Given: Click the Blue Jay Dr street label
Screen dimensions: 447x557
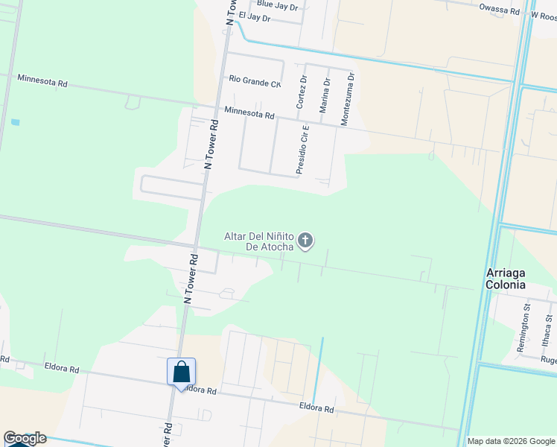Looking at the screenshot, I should [x=277, y=5].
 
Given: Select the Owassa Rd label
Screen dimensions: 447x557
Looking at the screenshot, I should [x=499, y=10].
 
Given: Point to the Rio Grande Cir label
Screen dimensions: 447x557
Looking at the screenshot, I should [x=255, y=79].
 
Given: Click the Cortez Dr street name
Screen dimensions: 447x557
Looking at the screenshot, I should [x=302, y=92].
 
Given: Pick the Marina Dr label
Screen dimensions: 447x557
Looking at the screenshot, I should [x=325, y=95].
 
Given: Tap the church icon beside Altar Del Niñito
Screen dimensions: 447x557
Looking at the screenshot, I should [x=305, y=241].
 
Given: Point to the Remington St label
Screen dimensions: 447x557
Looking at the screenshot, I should [x=526, y=322].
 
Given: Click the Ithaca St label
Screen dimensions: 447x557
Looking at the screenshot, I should [x=548, y=329].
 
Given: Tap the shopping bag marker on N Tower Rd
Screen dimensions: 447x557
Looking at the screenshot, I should [x=181, y=372].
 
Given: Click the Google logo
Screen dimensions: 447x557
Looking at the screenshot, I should [x=25, y=439].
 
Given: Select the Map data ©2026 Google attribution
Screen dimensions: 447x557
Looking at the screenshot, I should [x=511, y=441].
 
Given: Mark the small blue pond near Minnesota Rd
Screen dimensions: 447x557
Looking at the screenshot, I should [x=16, y=121].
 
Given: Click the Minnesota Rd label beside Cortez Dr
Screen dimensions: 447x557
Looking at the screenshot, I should [x=249, y=115].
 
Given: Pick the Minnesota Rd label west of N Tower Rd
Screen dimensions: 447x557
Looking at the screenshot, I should [x=42, y=80].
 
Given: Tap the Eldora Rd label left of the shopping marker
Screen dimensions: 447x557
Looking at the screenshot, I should [x=62, y=368].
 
